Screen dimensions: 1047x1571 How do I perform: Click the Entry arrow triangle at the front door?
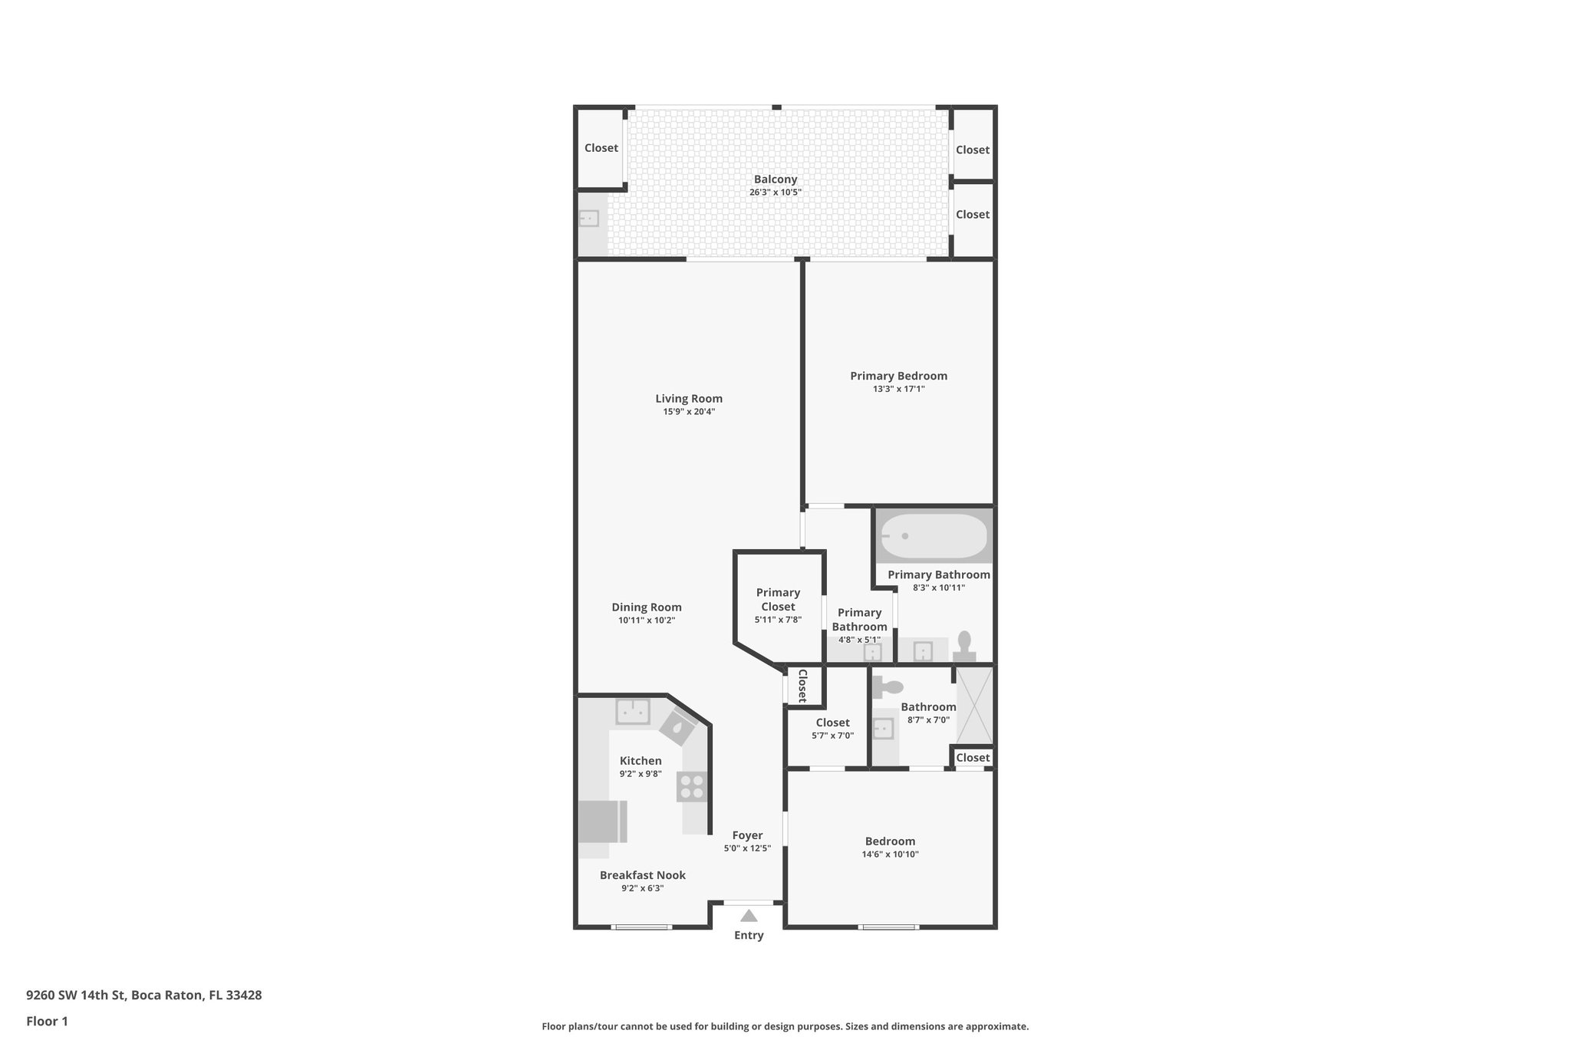(x=749, y=915)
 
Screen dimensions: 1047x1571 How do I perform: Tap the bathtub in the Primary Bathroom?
(x=934, y=536)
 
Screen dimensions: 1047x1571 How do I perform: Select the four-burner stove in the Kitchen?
(x=691, y=787)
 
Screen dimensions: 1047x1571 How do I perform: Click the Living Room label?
(x=689, y=398)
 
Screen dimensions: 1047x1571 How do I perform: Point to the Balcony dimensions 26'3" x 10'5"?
(x=775, y=193)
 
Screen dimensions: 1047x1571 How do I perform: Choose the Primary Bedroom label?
(x=898, y=376)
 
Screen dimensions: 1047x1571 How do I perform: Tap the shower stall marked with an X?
(x=973, y=706)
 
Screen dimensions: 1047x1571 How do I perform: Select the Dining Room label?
(x=647, y=607)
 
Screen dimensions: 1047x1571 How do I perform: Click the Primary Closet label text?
(x=778, y=599)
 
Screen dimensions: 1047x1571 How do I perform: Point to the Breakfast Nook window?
(x=642, y=927)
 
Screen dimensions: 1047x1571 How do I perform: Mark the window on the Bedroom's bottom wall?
(x=888, y=927)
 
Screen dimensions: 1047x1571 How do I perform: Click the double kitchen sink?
(x=633, y=711)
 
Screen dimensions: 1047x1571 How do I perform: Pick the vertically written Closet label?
(x=802, y=686)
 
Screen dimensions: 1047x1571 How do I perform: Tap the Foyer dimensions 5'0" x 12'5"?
(x=747, y=848)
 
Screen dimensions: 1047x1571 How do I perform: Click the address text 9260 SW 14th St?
(x=76, y=995)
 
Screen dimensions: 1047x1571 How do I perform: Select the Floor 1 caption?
(x=47, y=1021)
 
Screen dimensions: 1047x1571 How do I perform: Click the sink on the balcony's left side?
(x=588, y=219)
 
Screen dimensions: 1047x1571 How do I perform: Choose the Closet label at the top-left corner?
(x=601, y=148)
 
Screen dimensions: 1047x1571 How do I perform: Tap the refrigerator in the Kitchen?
(x=602, y=821)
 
